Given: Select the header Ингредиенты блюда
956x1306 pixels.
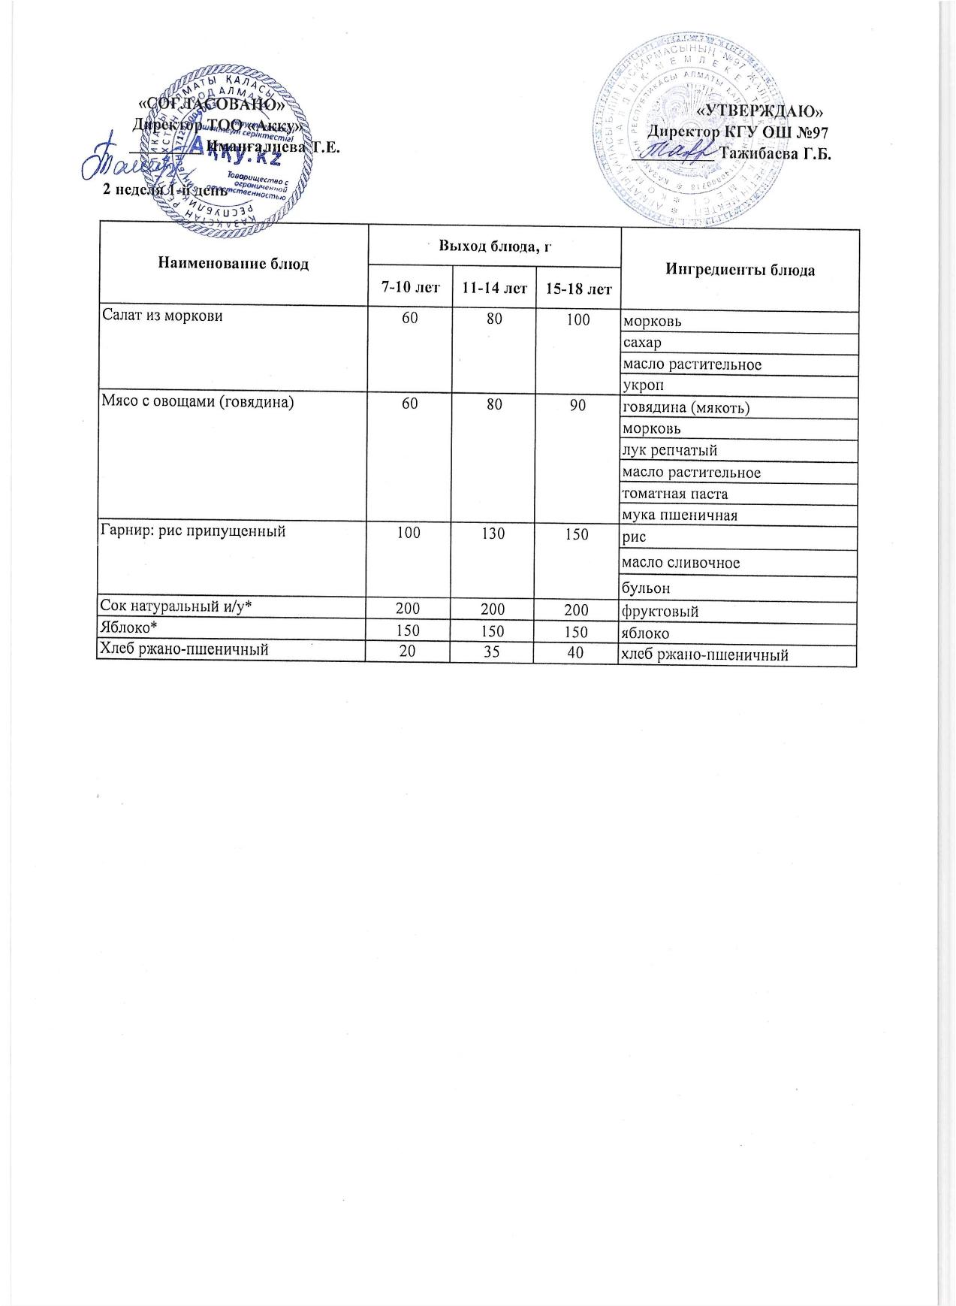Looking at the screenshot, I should click(740, 270).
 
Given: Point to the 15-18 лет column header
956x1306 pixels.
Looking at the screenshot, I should click(578, 289).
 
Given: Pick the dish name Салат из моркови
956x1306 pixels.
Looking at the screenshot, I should click(163, 316).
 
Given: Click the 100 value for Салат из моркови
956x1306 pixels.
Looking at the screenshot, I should click(578, 319).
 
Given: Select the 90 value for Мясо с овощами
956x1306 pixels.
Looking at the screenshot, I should click(578, 406).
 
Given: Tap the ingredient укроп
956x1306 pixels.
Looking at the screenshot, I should click(644, 385).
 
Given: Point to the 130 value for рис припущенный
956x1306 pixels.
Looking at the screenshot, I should click(493, 534).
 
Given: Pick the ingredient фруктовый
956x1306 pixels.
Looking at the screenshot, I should click(661, 611).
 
